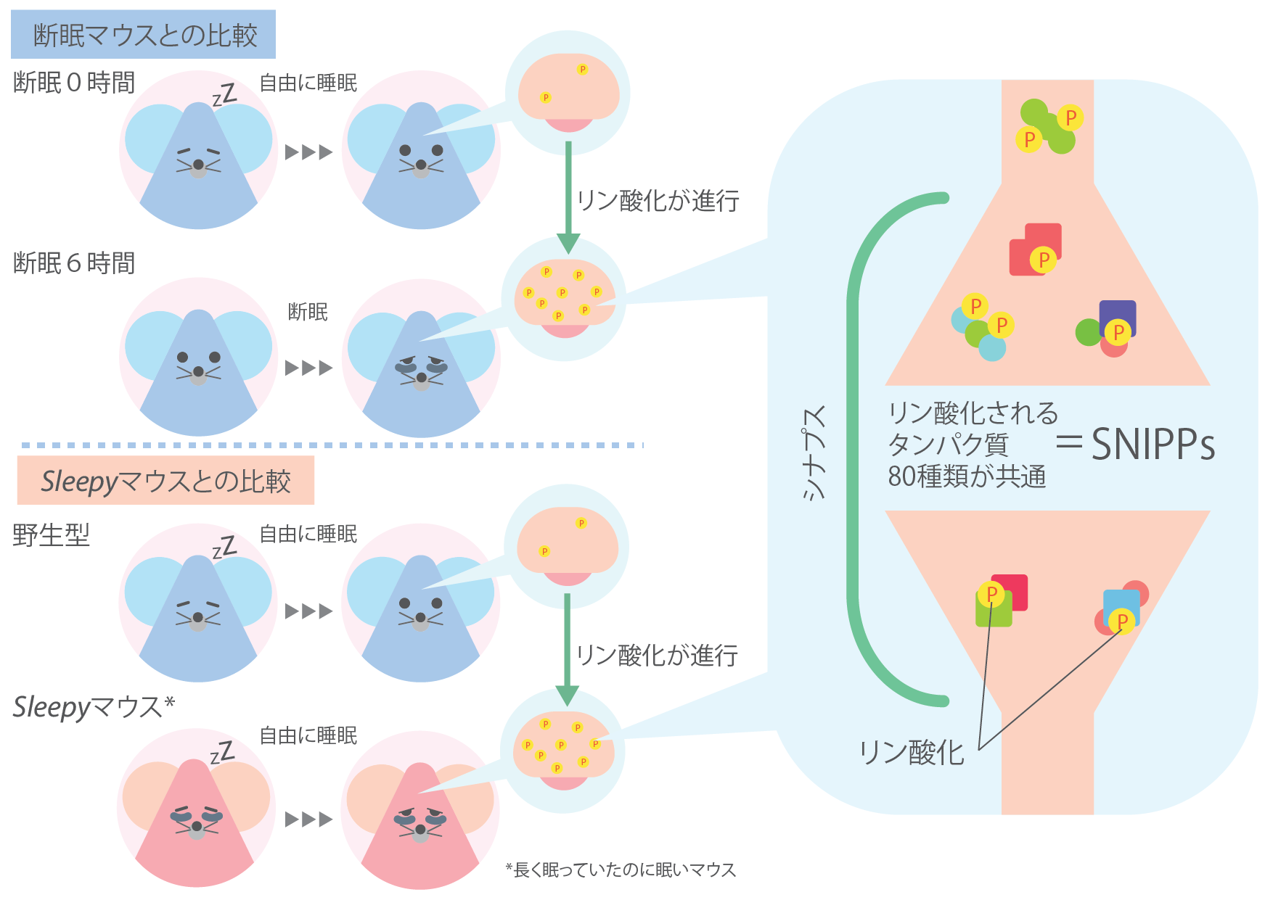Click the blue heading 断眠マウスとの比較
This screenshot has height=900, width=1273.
click(x=145, y=35)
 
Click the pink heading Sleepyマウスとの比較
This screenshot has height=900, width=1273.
click(x=165, y=481)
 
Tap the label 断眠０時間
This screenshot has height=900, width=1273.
click(x=74, y=83)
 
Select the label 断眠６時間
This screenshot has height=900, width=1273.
click(x=74, y=263)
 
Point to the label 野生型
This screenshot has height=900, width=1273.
click(x=52, y=535)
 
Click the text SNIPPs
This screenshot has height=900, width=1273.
click(x=1153, y=444)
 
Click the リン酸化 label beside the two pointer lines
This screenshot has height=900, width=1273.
click(x=912, y=752)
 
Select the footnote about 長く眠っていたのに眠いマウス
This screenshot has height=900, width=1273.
click(x=621, y=870)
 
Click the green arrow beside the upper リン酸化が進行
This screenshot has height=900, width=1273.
click(x=568, y=197)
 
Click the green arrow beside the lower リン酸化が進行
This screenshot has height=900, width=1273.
click(x=567, y=650)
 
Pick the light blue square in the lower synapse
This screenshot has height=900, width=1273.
click(x=1121, y=608)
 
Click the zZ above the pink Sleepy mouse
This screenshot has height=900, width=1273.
click(x=223, y=753)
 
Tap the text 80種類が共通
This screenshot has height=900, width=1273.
click(x=967, y=476)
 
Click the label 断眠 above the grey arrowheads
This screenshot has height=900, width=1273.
click(x=308, y=312)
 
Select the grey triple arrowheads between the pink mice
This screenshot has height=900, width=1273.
click(x=308, y=820)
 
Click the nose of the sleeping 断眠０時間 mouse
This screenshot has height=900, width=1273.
click(x=198, y=165)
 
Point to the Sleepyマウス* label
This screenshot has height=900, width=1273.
click(x=94, y=706)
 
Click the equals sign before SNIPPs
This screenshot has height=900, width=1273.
click(x=1069, y=442)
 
